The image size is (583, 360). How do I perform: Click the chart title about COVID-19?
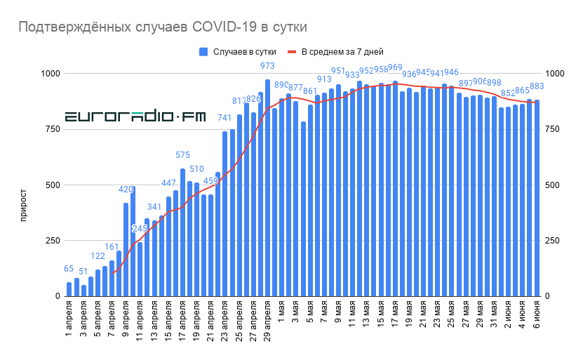point(162,27)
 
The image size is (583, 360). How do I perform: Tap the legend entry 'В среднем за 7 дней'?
point(337,51)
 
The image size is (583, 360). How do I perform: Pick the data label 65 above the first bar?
point(69,269)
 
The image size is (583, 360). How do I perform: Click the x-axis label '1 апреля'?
point(69,318)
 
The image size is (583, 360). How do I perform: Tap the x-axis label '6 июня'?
point(537,315)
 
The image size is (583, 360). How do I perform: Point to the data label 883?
point(537,86)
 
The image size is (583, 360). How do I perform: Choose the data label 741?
point(225,118)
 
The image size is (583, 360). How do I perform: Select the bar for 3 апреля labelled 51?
point(83,291)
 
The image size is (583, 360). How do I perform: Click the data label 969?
point(395,68)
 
